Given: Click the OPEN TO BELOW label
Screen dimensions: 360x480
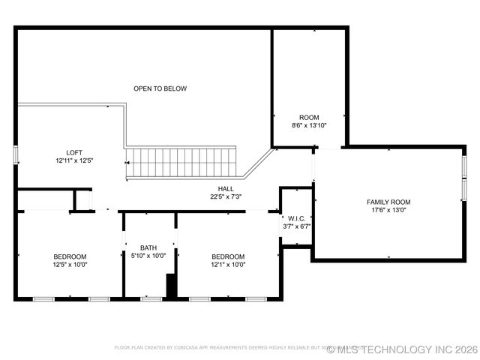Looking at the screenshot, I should [160, 88].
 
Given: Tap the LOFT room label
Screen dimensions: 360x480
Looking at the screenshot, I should [73, 151].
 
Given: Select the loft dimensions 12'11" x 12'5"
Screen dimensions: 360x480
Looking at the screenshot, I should [73, 160].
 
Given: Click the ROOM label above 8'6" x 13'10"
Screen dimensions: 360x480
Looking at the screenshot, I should [309, 117].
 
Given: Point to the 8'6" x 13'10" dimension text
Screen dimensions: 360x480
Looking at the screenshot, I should [309, 126].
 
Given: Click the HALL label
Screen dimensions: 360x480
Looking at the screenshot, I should [226, 188].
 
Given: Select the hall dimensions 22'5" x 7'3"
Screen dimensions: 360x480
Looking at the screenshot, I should [226, 197].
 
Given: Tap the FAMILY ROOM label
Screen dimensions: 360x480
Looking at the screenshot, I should [388, 202].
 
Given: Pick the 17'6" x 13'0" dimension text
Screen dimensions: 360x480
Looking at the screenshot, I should [388, 211].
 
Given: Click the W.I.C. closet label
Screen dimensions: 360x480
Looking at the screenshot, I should [296, 217].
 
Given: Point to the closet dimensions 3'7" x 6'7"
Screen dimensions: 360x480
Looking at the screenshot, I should [296, 226].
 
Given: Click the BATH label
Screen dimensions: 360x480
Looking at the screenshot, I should [148, 247].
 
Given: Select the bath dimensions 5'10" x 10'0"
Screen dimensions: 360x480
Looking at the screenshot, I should [148, 256].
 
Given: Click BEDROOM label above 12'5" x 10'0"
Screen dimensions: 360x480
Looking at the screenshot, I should [70, 256].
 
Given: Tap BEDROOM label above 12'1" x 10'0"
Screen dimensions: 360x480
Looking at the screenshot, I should [228, 256].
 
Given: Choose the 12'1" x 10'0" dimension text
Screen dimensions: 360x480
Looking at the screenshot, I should [228, 265].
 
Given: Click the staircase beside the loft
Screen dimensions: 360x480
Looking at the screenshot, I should [180, 162].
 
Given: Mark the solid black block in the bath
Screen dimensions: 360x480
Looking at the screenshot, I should [171, 286].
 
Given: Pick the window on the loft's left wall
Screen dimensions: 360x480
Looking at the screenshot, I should [16, 155].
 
